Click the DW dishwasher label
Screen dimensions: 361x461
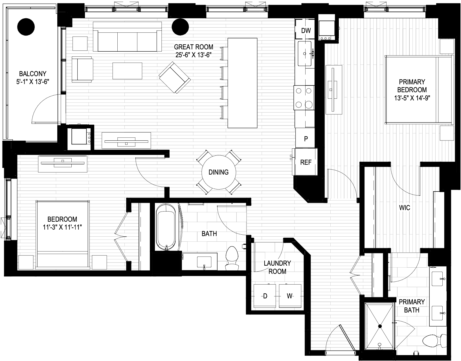[306, 30]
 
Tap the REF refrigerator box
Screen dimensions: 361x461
[306, 162]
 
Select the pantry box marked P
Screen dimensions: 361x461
[306, 138]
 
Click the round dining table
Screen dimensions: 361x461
[219, 172]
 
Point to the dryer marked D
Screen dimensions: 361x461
[265, 296]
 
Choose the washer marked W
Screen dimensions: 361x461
[290, 296]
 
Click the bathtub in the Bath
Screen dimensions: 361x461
[166, 227]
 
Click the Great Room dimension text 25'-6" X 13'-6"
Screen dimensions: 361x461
[194, 55]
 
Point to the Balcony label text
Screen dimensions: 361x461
[32, 74]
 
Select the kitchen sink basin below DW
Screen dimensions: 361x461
[305, 54]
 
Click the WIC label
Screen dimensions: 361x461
[405, 208]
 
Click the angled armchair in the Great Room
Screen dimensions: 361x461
[174, 77]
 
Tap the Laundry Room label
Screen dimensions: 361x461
[277, 267]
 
